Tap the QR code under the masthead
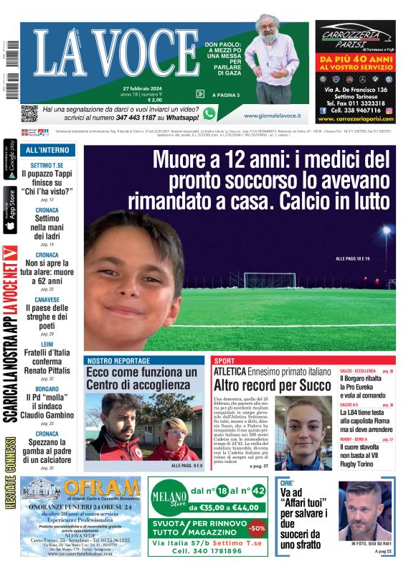(29, 113)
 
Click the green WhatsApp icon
(209, 113)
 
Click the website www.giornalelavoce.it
(272, 115)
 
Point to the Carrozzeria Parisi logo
(354, 39)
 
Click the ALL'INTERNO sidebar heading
(47, 150)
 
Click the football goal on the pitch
(270, 280)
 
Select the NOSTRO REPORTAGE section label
(118, 360)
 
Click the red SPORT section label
(224, 360)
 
